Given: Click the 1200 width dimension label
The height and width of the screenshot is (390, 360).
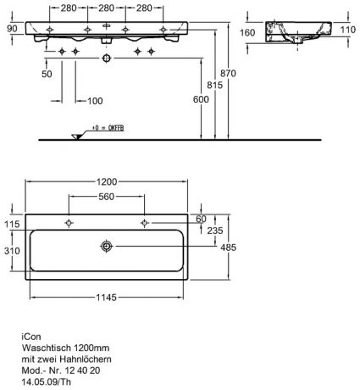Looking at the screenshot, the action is (107, 181).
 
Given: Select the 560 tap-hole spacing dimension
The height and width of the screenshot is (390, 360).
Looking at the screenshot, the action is (107, 197).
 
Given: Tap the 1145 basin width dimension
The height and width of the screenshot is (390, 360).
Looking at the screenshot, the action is (106, 298).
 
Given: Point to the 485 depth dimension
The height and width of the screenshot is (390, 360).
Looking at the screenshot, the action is (228, 248).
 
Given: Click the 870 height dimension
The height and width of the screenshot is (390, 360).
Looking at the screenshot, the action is (228, 74).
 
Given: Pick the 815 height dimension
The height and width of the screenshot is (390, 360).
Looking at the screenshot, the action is (214, 85).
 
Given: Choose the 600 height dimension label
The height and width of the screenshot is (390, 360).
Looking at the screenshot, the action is (201, 99).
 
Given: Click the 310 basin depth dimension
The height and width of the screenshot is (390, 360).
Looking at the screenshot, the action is (12, 251).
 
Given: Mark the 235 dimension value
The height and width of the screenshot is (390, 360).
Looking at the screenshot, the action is (215, 231).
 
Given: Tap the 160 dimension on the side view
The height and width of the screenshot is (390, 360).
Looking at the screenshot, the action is (247, 33).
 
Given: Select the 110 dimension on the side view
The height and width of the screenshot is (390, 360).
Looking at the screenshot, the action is (348, 30).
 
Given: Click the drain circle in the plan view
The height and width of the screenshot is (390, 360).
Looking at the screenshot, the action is (107, 247).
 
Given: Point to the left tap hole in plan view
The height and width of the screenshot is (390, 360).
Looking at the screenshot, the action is (69, 223).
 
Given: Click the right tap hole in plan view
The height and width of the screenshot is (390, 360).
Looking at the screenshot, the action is (144, 223).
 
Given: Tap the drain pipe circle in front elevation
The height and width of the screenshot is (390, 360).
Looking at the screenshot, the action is (107, 58).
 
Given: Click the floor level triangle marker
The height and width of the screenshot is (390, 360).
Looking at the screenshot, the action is (76, 136).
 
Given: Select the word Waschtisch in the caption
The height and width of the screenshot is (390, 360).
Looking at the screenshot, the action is (47, 348).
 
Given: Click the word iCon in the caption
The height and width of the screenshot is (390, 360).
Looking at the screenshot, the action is (31, 337).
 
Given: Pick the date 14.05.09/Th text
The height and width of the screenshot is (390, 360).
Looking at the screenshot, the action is (47, 382).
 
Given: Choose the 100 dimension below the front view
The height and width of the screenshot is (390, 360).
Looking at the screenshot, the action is (95, 101).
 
